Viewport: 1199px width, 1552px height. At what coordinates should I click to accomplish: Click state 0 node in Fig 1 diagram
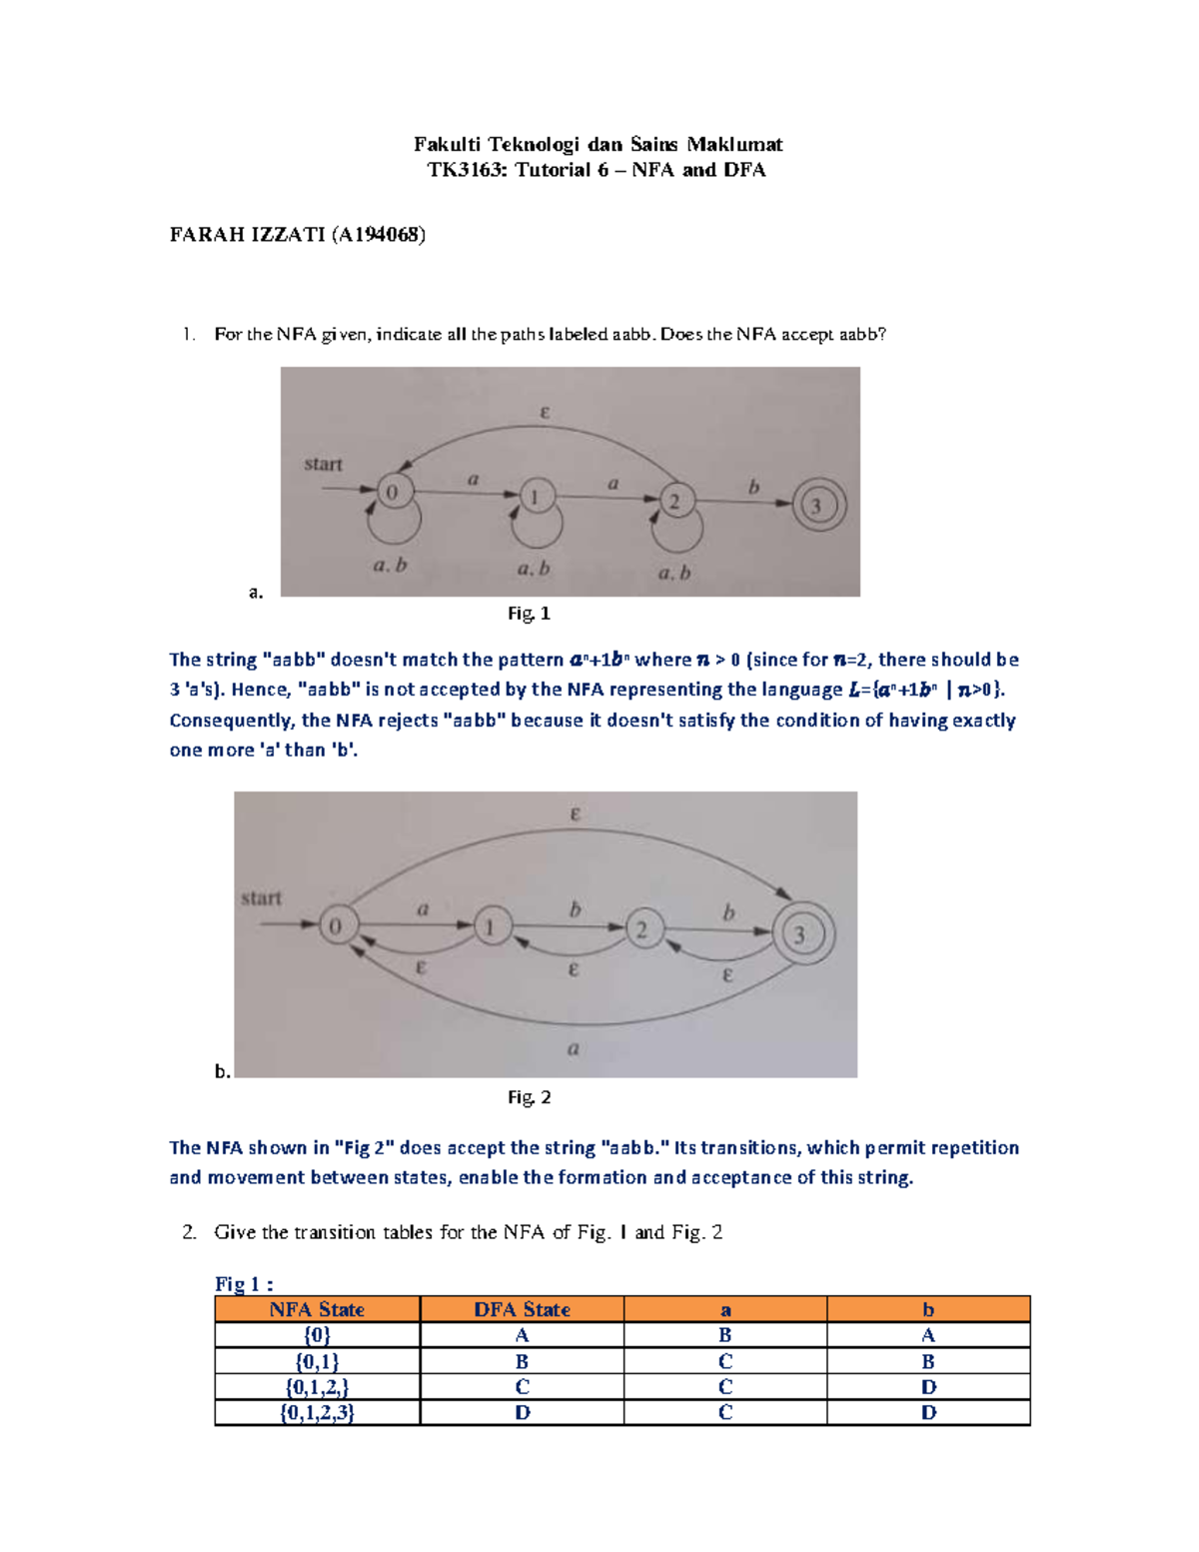tap(393, 492)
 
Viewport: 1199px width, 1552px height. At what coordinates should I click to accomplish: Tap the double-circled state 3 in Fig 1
tap(818, 506)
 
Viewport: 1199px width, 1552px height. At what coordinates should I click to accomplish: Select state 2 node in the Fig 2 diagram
tap(641, 929)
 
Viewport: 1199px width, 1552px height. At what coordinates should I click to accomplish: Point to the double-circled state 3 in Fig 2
tap(798, 934)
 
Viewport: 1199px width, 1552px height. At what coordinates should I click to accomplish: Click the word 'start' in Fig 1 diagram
tap(323, 464)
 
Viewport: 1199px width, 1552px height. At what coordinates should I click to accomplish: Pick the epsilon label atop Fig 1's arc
tap(545, 412)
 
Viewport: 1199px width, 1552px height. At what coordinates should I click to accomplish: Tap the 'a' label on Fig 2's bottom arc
tap(573, 1048)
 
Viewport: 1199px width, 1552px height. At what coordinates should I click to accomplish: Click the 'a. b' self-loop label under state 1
tap(534, 569)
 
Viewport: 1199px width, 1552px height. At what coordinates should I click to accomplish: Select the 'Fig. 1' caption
tap(529, 614)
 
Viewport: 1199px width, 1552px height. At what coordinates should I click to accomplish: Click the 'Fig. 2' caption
tap(529, 1097)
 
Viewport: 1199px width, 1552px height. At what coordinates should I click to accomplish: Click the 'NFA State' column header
tap(317, 1309)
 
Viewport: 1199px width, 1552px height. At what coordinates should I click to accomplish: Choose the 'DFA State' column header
tap(522, 1309)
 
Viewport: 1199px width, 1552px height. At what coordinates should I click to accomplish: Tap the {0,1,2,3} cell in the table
tap(317, 1412)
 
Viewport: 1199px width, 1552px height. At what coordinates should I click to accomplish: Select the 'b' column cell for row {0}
tap(928, 1335)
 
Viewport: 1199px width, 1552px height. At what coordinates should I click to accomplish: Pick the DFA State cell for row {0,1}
tap(522, 1361)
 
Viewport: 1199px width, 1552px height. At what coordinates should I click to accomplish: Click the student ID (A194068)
tap(380, 235)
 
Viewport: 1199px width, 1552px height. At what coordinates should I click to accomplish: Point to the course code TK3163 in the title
tap(467, 170)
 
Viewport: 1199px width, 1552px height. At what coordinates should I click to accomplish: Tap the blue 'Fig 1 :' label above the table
tap(244, 1284)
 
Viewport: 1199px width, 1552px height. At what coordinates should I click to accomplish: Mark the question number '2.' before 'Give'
tap(190, 1232)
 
